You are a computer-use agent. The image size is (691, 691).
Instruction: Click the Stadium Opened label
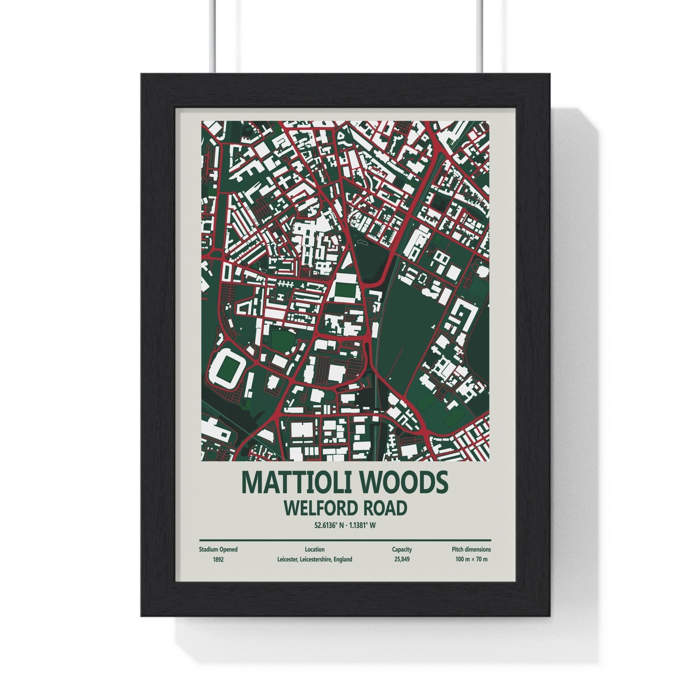click(218, 549)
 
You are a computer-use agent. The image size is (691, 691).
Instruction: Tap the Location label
click(314, 549)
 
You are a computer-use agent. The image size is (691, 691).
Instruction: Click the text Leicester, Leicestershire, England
click(314, 559)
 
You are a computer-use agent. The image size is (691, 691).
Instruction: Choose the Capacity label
click(402, 549)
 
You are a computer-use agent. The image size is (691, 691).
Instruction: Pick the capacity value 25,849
click(402, 559)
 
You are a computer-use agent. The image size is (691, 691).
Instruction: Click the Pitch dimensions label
click(471, 549)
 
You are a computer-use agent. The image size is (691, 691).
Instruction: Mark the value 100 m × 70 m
click(472, 559)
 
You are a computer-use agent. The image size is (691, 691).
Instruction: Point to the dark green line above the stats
click(345, 540)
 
